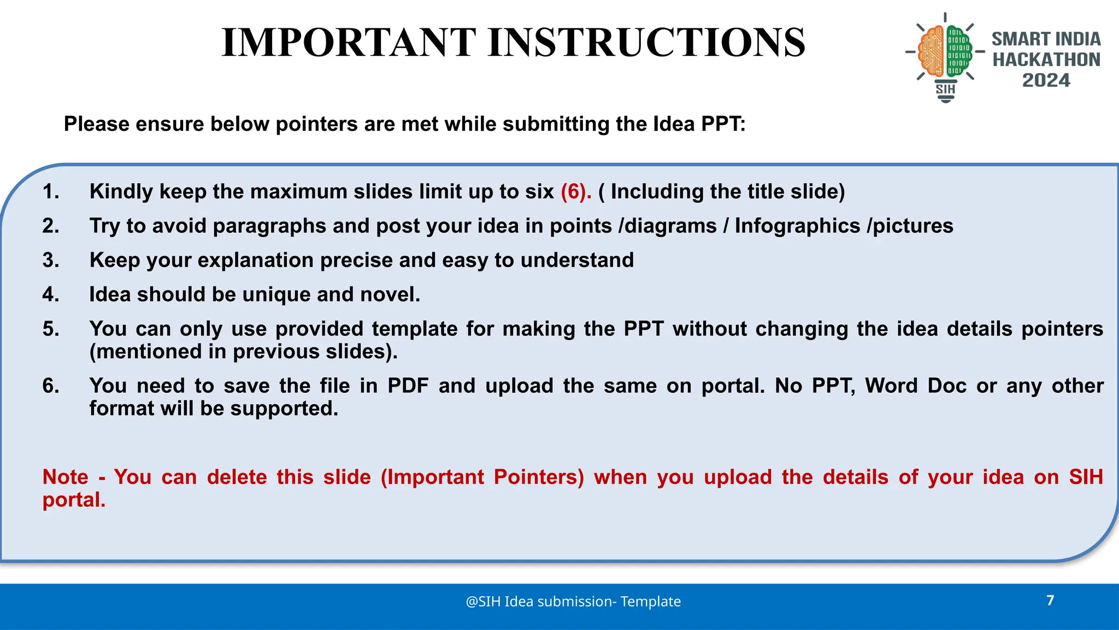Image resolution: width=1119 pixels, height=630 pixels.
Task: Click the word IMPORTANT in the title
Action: pyautogui.click(x=349, y=43)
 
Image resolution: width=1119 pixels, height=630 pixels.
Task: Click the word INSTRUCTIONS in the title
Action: pyautogui.click(x=646, y=43)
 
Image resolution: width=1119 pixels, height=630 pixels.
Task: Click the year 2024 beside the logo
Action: pyautogui.click(x=1046, y=80)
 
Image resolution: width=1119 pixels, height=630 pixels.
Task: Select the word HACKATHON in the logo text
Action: pyautogui.click(x=1046, y=60)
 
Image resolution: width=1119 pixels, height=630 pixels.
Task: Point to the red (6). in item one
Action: pyautogui.click(x=576, y=192)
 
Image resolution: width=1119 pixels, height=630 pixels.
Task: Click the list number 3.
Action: pyautogui.click(x=50, y=260)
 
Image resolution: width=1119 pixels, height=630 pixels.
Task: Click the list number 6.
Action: pyautogui.click(x=50, y=386)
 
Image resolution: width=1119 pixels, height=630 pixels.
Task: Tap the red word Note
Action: pyautogui.click(x=65, y=477)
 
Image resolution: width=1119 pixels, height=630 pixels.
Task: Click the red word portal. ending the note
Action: pyautogui.click(x=74, y=500)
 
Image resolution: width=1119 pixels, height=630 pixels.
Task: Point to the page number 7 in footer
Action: pyautogui.click(x=1050, y=600)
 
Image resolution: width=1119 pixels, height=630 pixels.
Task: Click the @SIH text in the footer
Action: pyautogui.click(x=483, y=602)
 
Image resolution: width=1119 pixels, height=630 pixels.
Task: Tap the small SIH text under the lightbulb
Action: pyautogui.click(x=945, y=89)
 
